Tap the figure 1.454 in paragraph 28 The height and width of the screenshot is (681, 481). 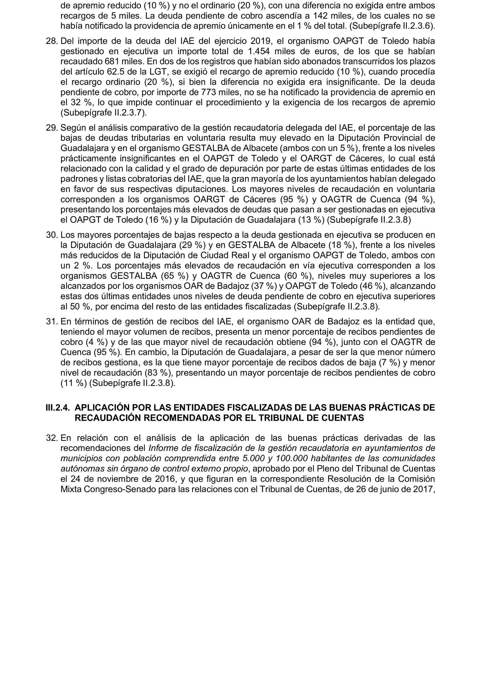coord(259,51)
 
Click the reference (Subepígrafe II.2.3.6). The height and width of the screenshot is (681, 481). coord(392,26)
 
